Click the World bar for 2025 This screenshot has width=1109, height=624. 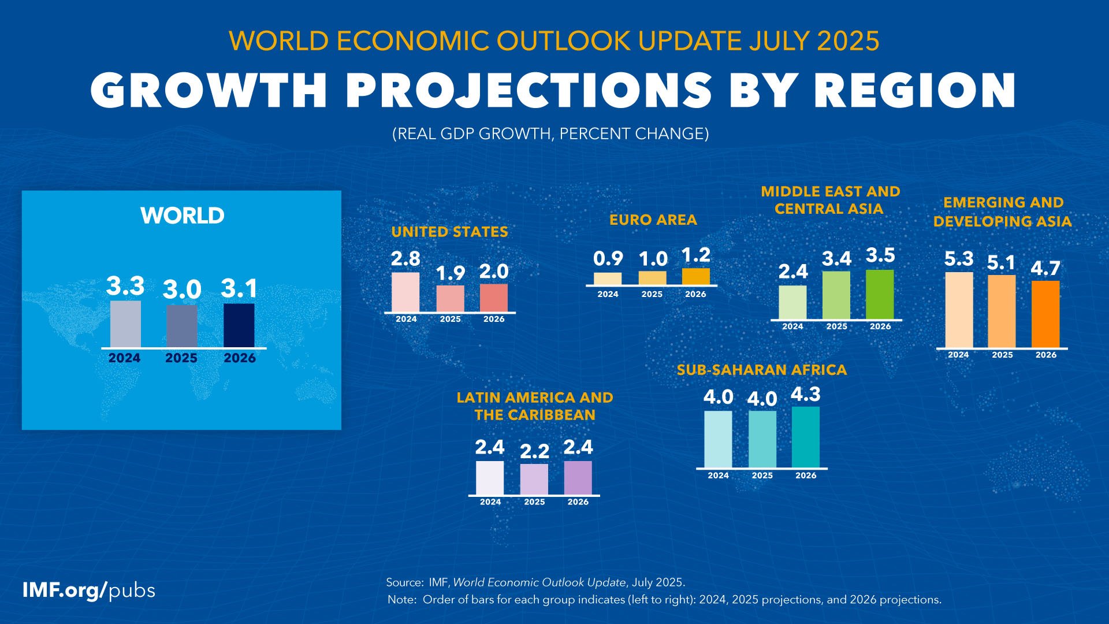181,326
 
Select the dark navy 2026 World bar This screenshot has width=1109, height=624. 239,325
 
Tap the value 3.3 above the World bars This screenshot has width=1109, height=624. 125,286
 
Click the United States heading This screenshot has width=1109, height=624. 449,232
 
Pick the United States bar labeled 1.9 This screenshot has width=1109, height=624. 450,299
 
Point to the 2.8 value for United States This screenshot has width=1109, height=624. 405,259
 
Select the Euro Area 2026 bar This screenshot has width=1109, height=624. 695,276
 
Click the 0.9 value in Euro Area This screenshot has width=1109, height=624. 608,259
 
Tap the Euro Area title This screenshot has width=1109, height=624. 653,220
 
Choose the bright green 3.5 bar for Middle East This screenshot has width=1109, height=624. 880,294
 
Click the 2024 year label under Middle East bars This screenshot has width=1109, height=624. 792,326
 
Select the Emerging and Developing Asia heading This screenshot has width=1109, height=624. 1003,211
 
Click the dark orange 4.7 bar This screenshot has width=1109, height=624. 1045,314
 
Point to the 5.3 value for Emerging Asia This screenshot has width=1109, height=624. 959,259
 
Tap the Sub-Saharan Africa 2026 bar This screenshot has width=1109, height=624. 806,437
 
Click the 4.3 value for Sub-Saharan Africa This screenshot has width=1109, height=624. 806,394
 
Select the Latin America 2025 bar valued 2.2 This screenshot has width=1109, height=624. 534,479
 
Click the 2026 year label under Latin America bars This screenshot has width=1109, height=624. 578,502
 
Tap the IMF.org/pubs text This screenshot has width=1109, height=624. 88,590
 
